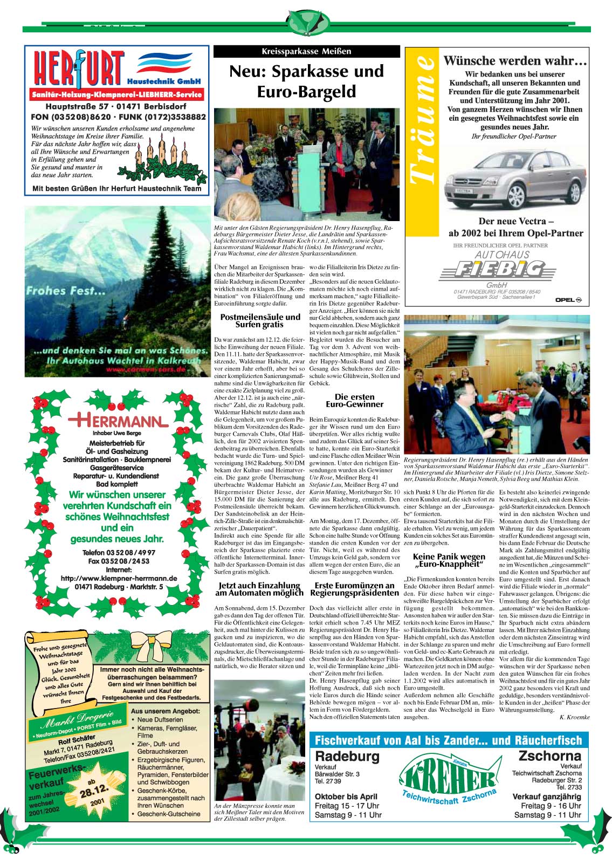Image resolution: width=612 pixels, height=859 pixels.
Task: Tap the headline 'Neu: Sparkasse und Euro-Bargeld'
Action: (306, 81)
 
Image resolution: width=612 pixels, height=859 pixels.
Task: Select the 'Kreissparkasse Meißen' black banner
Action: (306, 51)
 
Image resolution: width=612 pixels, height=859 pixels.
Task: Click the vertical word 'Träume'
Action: (422, 119)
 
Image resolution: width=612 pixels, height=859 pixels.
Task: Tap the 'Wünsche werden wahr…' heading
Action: (515, 61)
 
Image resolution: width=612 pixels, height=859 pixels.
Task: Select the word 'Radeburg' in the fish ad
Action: (347, 756)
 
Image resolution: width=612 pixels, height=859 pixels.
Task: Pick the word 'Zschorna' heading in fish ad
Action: (549, 755)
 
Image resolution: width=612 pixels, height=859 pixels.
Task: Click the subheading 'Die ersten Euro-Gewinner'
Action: (354, 401)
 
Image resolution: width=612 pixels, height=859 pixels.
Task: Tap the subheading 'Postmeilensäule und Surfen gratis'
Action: (260, 321)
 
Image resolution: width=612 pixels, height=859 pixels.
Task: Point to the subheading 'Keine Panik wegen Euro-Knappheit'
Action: (449, 560)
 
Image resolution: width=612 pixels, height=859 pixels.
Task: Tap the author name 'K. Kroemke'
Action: (574, 717)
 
